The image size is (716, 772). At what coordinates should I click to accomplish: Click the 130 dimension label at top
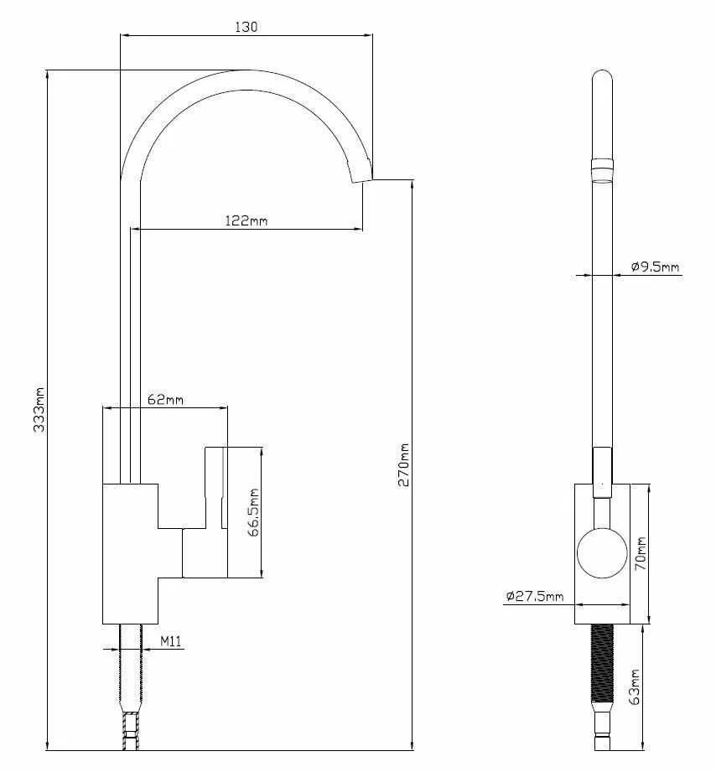point(246,27)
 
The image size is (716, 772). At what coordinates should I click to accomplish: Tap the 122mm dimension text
point(246,220)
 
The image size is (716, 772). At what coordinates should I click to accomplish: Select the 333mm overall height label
point(39,410)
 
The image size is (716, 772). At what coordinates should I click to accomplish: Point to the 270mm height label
point(404,464)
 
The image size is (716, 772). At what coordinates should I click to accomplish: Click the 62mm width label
point(165,399)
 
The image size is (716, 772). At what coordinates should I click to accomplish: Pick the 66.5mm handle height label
point(253,512)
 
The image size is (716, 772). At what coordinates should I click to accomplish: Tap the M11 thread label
point(170,641)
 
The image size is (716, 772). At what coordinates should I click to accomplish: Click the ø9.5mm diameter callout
point(655,267)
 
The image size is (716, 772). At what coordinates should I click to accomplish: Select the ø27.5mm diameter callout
point(535,596)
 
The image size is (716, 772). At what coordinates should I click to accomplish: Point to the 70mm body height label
point(641,553)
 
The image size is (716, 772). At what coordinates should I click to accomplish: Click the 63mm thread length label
point(635,687)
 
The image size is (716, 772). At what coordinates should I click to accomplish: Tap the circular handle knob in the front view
point(602,553)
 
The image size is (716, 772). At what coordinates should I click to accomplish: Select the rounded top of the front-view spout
point(602,79)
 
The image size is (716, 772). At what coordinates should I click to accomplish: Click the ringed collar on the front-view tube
point(602,170)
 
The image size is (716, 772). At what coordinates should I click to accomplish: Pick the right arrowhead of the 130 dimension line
point(369,35)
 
